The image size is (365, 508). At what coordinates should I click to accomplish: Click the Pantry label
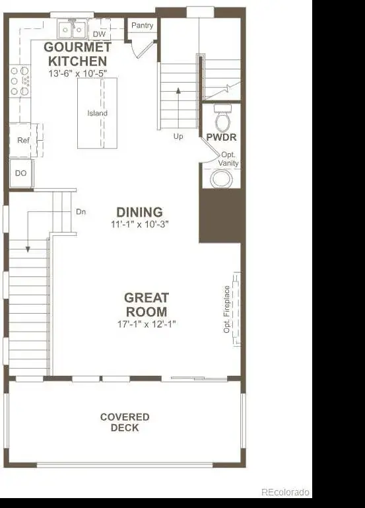[142, 25]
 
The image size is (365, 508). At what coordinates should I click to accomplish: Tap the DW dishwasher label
[100, 34]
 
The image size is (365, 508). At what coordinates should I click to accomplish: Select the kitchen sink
[72, 29]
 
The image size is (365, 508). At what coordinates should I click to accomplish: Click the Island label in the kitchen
[98, 113]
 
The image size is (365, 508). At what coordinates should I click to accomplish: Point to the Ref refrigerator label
[23, 140]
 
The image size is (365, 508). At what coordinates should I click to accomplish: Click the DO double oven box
[21, 173]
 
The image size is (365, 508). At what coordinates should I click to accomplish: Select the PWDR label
[221, 137]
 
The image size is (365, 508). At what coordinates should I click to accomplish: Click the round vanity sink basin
[221, 179]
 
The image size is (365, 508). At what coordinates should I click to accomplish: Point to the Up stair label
[178, 136]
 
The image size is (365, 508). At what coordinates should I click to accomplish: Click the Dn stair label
[81, 212]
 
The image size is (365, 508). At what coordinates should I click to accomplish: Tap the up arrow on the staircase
[178, 108]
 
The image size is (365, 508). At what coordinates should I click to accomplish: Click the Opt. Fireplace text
[226, 309]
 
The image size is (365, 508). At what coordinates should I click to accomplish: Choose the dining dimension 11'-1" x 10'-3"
[140, 224]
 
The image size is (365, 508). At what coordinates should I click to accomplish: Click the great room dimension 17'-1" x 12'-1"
[147, 324]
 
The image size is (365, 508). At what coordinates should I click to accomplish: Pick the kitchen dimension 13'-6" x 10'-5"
[78, 73]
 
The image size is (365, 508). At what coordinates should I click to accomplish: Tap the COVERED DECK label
[125, 422]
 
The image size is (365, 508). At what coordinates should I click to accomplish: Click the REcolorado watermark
[285, 492]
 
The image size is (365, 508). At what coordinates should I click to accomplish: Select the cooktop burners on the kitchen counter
[20, 81]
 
